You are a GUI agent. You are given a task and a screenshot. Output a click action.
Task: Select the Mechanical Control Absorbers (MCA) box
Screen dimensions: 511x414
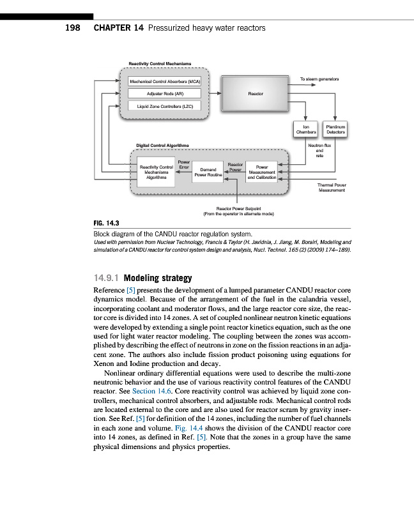(165, 82)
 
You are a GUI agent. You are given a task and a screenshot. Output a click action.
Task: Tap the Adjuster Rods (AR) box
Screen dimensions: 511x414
(165, 94)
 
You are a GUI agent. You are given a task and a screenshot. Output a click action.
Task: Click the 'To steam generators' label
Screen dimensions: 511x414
(319, 79)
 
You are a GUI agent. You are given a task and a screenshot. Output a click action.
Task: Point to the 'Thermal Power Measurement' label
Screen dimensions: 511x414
(331, 187)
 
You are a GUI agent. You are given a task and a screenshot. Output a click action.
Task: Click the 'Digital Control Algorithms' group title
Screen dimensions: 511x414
(162, 145)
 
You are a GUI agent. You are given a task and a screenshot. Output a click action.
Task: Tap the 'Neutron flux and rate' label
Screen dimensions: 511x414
(318, 151)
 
